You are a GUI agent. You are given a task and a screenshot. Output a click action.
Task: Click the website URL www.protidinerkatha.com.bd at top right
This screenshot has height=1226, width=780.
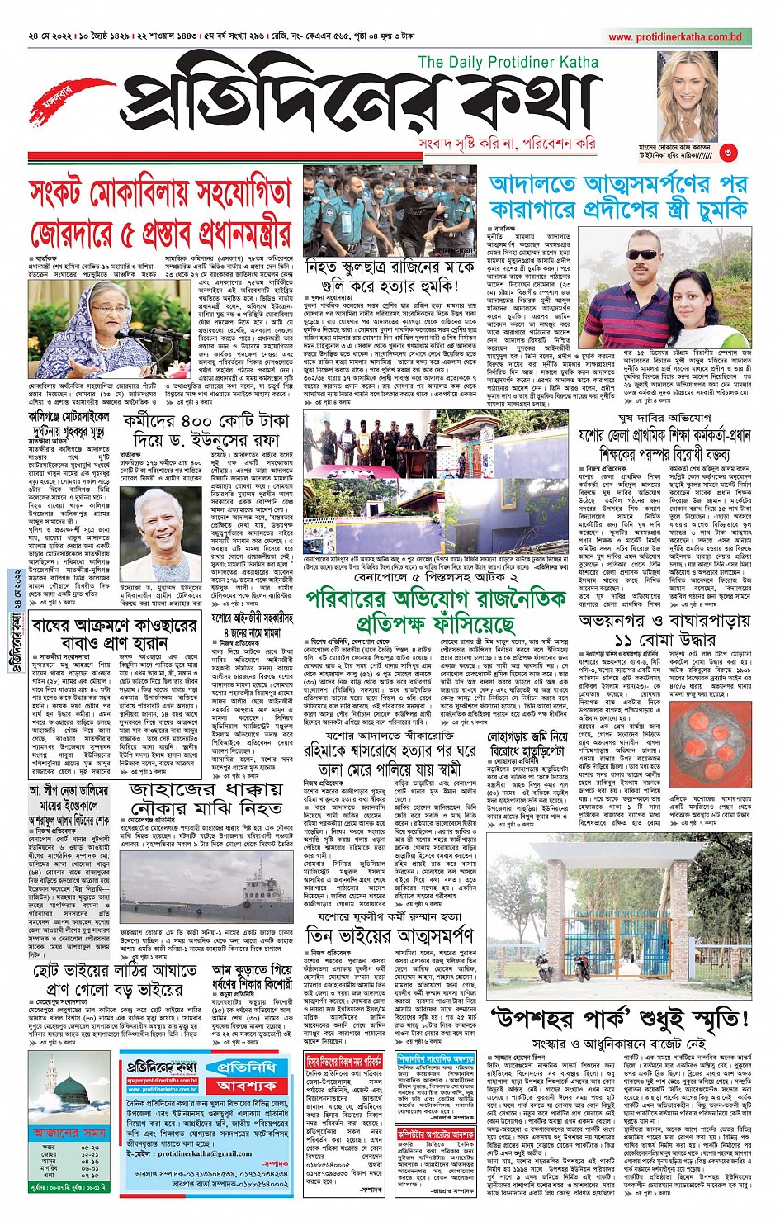click(x=675, y=37)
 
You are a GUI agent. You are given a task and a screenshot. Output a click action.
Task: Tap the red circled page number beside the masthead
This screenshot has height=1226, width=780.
click(x=726, y=152)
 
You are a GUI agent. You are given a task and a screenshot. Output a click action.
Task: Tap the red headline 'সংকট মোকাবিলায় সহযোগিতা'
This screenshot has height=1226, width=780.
click(x=160, y=194)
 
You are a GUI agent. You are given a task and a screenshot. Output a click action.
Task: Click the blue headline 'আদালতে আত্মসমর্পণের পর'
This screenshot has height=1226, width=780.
click(x=618, y=185)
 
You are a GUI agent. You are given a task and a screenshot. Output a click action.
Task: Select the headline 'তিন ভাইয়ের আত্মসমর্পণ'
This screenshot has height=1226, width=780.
click(x=390, y=935)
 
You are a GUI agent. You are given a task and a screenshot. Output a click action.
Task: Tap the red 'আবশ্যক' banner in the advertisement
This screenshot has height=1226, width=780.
click(x=247, y=1085)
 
